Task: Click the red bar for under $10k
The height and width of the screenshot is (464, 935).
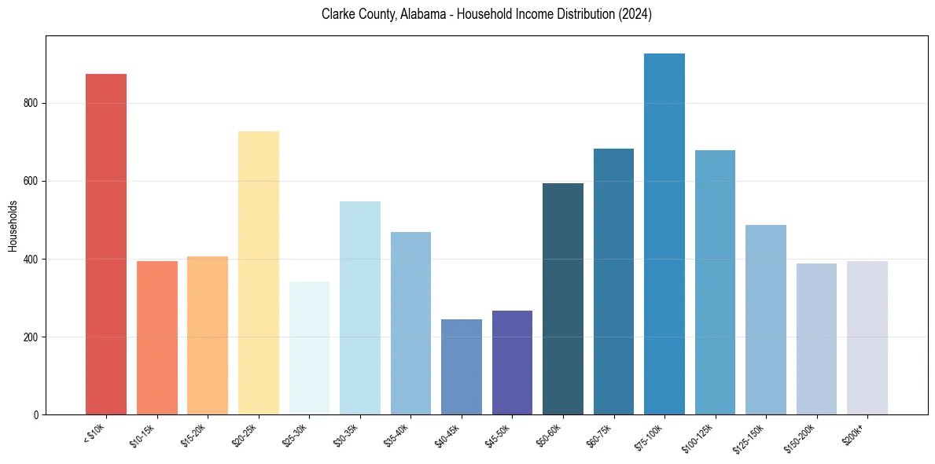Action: click(106, 244)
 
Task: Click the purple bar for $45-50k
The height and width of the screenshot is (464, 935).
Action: click(512, 363)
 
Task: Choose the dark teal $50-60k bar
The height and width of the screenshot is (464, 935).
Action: click(563, 299)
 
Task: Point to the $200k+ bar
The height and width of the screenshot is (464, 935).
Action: click(867, 338)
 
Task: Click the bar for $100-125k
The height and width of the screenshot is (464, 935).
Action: click(715, 282)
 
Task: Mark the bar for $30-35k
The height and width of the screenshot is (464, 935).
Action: click(360, 307)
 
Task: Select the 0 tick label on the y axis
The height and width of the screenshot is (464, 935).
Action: click(37, 414)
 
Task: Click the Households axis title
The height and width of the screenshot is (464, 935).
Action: click(13, 226)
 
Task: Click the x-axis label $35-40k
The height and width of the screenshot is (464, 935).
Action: click(395, 434)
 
